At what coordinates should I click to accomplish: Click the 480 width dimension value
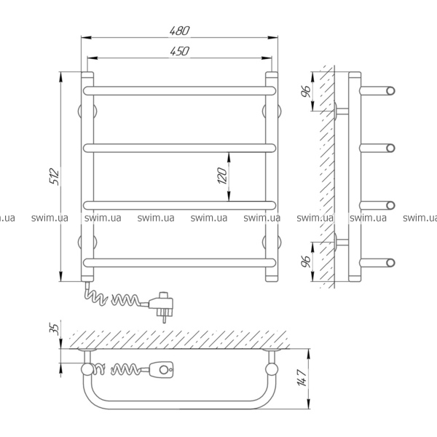coord(180,31)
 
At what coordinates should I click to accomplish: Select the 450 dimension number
coord(180,51)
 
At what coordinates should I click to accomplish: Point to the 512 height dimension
coord(55,177)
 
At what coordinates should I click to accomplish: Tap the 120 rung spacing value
coord(223,176)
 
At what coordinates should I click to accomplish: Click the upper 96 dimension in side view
coord(306,91)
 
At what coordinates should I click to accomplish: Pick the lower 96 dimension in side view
coord(306,261)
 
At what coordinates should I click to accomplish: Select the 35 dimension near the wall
coord(55,329)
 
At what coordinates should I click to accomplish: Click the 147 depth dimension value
coord(302,377)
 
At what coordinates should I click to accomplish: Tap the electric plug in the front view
coord(162,306)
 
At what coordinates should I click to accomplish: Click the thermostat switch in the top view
coord(162,370)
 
